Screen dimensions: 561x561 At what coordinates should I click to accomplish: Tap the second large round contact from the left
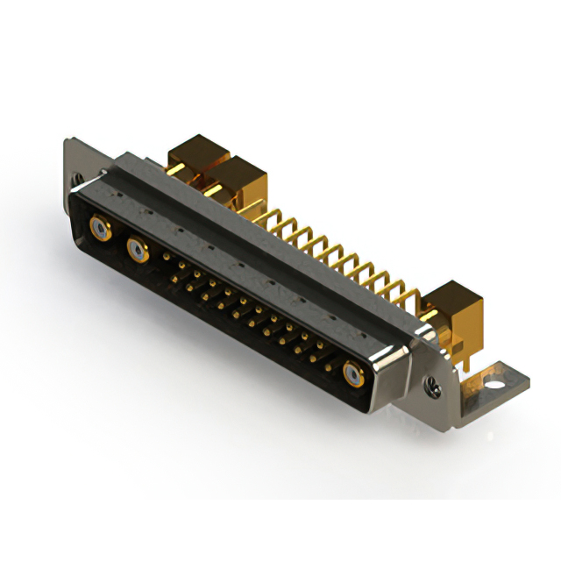tap(138, 252)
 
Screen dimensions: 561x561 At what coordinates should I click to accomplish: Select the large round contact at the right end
tap(353, 376)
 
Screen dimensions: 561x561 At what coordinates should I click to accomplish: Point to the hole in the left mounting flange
tap(80, 179)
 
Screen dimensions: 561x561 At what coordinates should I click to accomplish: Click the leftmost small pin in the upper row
tap(168, 257)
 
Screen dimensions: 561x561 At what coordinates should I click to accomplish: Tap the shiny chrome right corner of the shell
tap(390, 359)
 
